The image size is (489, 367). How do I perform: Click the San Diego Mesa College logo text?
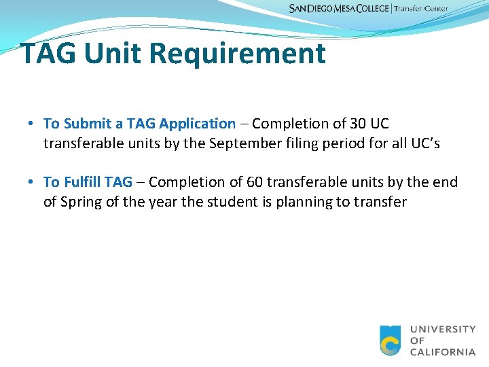tap(340, 9)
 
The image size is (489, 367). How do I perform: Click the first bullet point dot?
tap(31, 124)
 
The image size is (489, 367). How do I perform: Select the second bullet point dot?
tap(31, 182)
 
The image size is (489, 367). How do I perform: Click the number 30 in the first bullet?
tap(358, 124)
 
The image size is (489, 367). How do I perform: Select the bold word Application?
tap(197, 124)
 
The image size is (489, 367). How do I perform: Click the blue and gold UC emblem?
tap(391, 340)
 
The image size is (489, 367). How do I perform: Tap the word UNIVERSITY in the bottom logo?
tap(443, 330)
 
